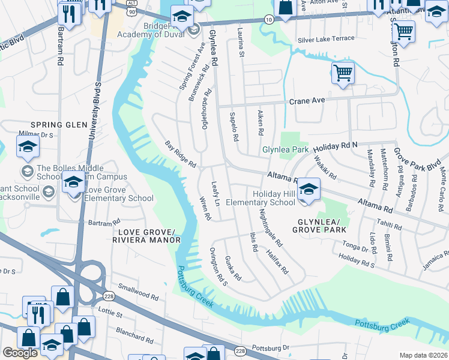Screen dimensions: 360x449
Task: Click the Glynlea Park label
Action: pos(285,149)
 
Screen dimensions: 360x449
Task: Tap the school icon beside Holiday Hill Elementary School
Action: pos(309,190)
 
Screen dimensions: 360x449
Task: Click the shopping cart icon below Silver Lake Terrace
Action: pos(343,74)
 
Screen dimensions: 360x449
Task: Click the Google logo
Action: pos(20,353)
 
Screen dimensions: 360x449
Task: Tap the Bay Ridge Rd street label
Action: pos(181,154)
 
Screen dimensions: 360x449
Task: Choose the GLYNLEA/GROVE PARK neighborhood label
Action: pos(319,225)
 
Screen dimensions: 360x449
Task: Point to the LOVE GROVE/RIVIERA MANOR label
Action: pos(146,236)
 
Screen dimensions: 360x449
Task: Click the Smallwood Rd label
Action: pos(138,292)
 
